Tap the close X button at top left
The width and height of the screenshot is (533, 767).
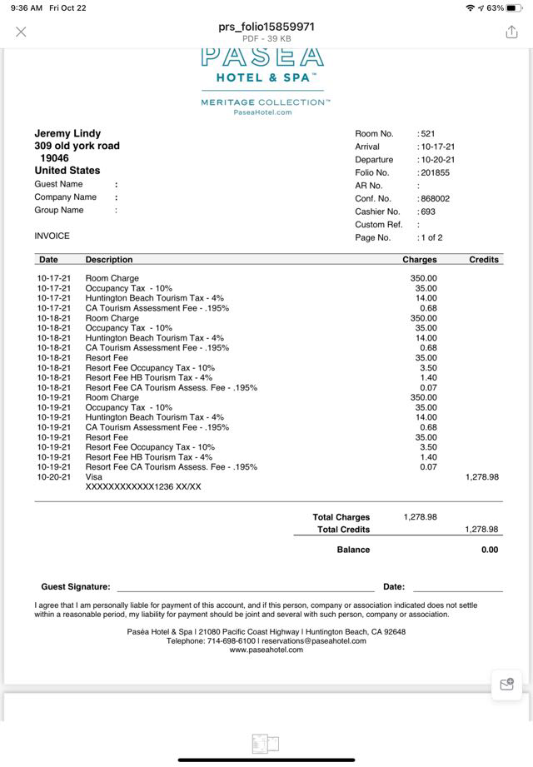click(x=21, y=32)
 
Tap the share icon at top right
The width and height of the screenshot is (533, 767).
click(x=511, y=32)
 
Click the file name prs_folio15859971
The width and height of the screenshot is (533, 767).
click(x=266, y=27)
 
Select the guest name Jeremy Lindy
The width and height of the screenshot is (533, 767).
click(x=67, y=133)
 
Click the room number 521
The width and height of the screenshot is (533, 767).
click(x=427, y=133)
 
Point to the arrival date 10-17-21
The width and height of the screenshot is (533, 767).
click(x=438, y=147)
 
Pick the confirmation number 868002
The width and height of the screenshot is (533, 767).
click(x=435, y=199)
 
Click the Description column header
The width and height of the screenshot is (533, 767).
click(x=109, y=260)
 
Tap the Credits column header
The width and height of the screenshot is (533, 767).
click(x=484, y=260)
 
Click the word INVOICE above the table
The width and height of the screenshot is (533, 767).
click(x=52, y=236)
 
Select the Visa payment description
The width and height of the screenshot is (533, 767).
click(x=93, y=477)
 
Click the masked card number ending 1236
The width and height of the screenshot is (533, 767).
click(x=143, y=487)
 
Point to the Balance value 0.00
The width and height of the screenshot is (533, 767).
click(x=490, y=550)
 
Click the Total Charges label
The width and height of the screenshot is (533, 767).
click(x=341, y=517)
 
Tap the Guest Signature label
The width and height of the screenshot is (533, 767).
click(x=76, y=587)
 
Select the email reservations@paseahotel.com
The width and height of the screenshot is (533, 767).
click(x=314, y=641)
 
